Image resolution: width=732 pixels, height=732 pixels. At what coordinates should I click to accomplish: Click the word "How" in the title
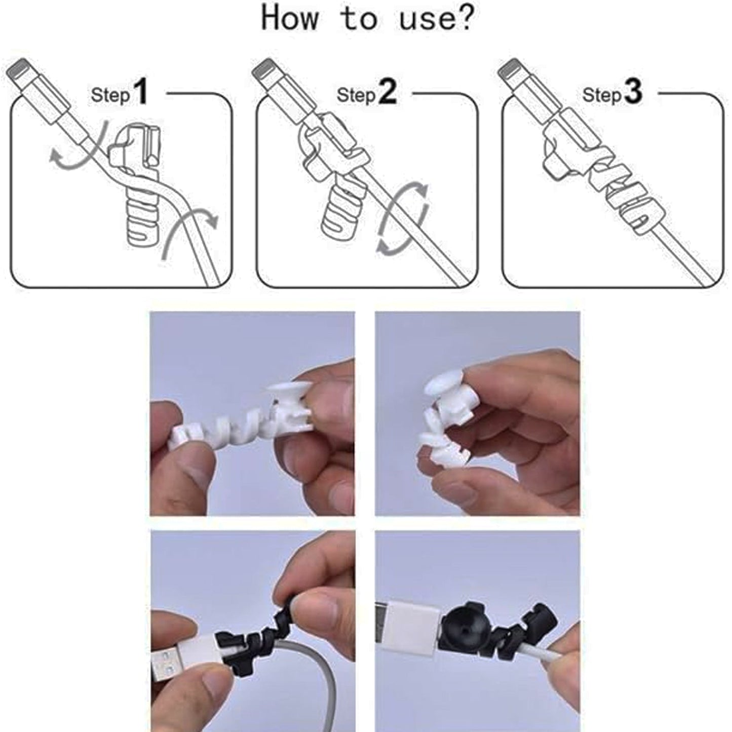coord(290,19)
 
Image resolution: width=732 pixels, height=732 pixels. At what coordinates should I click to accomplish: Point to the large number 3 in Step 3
coord(633,92)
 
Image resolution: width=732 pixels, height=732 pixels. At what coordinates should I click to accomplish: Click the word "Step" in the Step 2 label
coord(356,95)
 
